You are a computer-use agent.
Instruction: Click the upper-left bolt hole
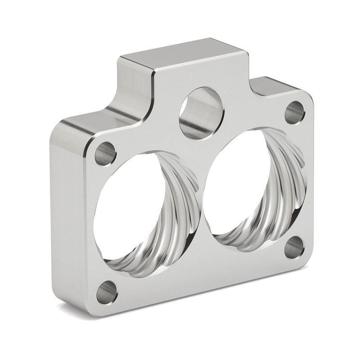pos(105,153)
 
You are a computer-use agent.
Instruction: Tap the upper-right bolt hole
pos(295,112)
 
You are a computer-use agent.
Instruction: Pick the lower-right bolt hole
pos(294,247)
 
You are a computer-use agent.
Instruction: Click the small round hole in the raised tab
pos(201,112)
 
